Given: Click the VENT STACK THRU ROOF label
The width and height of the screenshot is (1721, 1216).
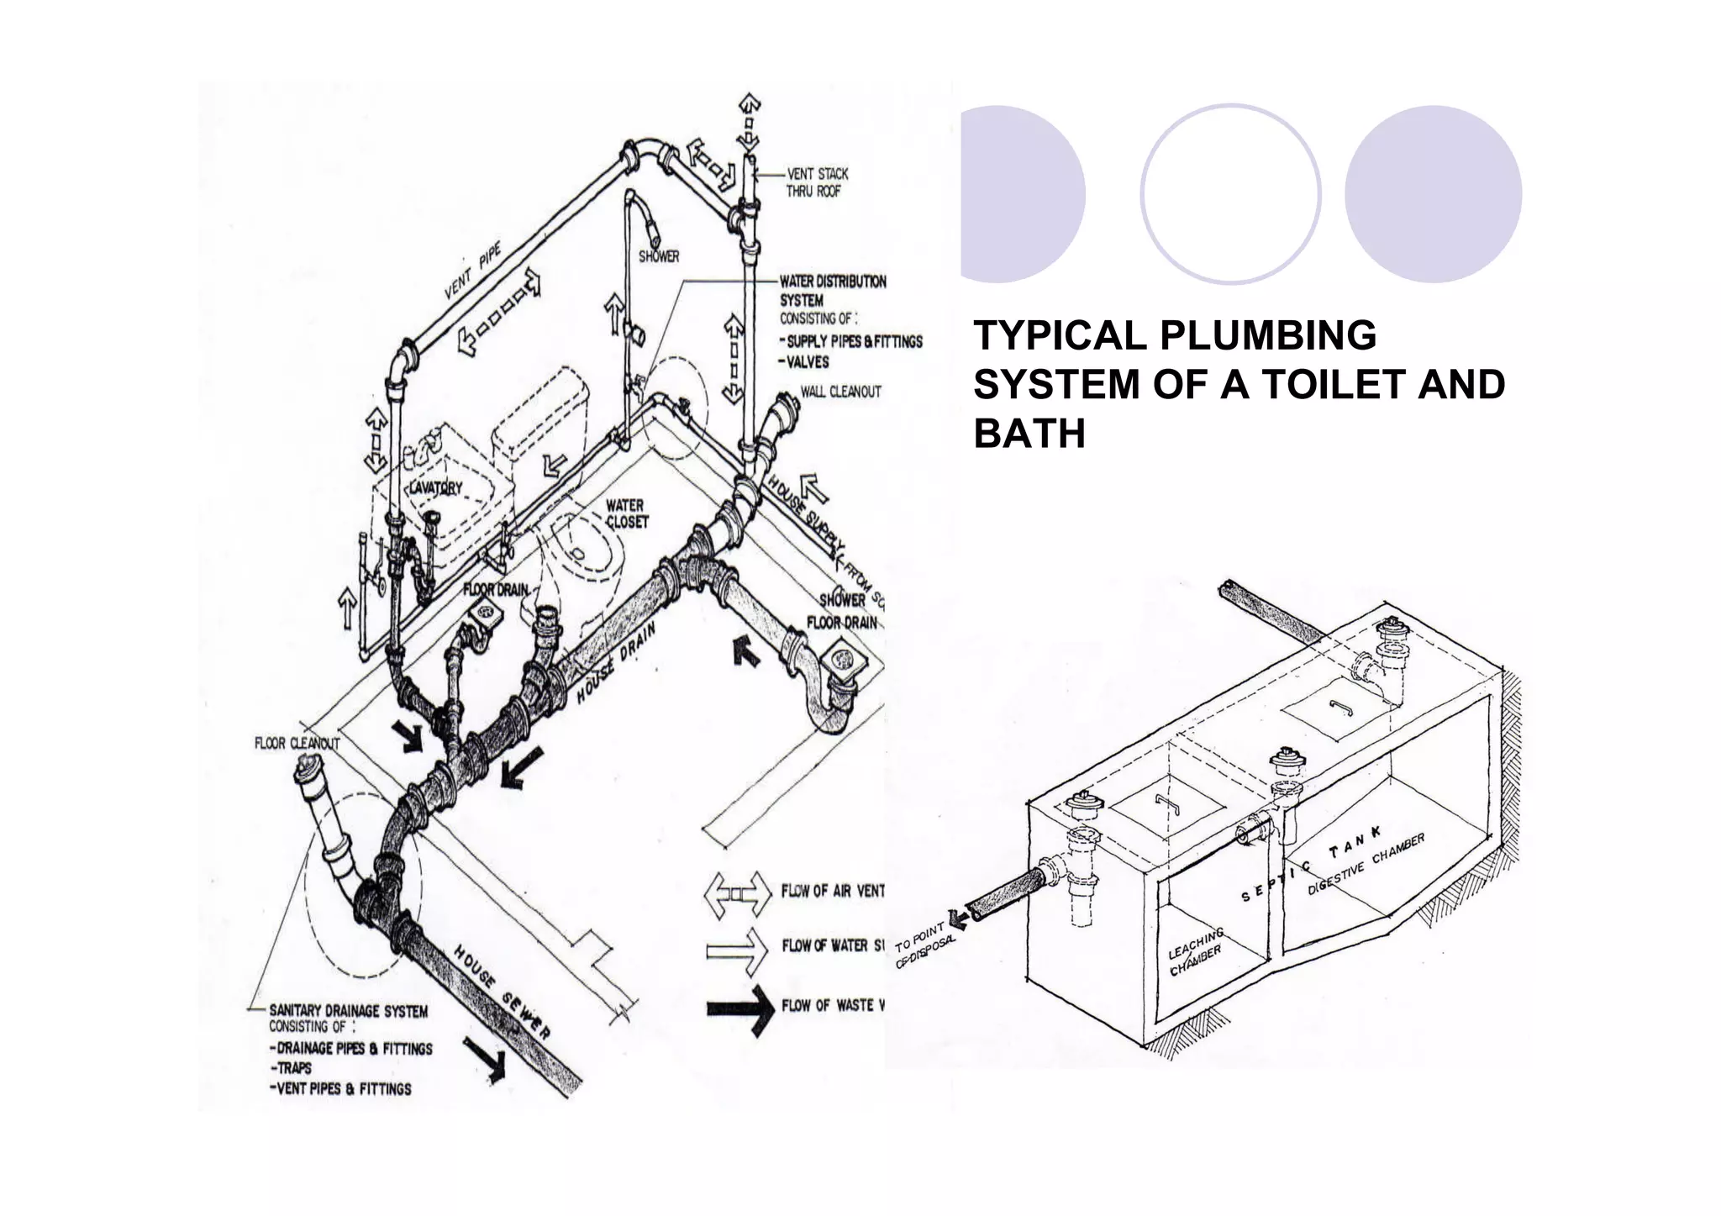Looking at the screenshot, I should pyautogui.click(x=817, y=182).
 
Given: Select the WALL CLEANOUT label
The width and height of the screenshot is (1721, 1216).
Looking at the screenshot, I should pyautogui.click(x=840, y=392).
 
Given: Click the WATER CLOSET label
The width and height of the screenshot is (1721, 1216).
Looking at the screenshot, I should pyautogui.click(x=626, y=513).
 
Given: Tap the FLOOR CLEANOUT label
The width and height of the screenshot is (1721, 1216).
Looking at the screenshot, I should pyautogui.click(x=297, y=744).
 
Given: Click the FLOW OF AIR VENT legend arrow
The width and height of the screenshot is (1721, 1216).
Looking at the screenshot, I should pyautogui.click(x=738, y=893).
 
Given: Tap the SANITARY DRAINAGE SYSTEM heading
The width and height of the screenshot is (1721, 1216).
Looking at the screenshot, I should pyautogui.click(x=348, y=1011).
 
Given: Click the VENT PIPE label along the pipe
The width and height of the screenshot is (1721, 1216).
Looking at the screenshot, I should pyautogui.click(x=472, y=271).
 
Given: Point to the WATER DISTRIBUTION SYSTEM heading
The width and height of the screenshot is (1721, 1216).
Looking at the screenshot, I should pyautogui.click(x=832, y=290).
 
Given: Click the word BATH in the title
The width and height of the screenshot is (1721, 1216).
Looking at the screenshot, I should pyautogui.click(x=1029, y=434).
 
